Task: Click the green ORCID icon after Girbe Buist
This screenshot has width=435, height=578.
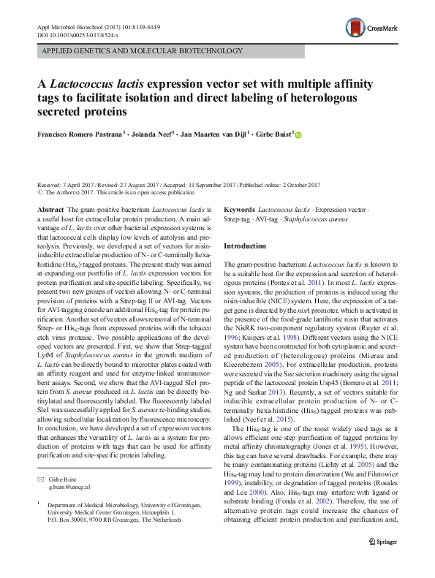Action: (x=298, y=134)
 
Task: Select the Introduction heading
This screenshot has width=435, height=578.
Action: (x=245, y=246)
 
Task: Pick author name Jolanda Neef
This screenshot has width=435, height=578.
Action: (x=151, y=134)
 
